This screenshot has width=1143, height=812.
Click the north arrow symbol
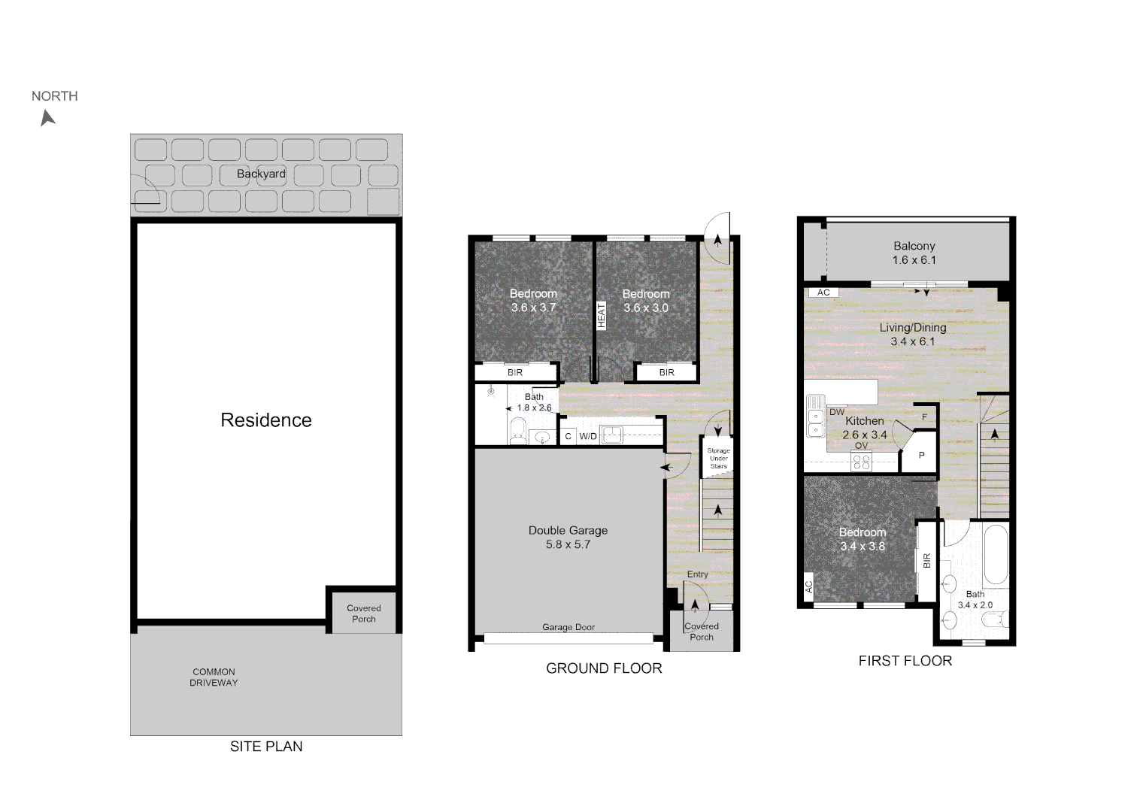coord(48,118)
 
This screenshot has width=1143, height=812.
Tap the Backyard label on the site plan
coord(261,174)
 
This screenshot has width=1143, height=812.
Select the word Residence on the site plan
coord(266,420)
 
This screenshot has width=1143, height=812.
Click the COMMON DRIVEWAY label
coord(214,677)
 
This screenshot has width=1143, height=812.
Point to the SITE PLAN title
coord(266,747)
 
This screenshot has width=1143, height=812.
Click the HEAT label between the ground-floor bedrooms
coord(601,315)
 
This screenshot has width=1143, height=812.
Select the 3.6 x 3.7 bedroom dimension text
coord(533,308)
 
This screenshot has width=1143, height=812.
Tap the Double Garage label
coord(568,530)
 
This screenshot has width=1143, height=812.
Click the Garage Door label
coord(568,627)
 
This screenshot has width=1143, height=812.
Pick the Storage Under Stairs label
coord(718,459)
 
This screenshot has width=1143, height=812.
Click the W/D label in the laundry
coord(588,436)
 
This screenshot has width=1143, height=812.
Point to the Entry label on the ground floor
coord(697,574)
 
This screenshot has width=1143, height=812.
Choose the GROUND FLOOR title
coord(604,668)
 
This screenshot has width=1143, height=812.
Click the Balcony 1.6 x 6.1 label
coord(914,253)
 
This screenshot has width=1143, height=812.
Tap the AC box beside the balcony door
coord(823,292)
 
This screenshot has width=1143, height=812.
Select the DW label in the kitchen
coord(837,412)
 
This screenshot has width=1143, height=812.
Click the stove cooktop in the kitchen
coord(861,462)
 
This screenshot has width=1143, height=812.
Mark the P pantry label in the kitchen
coord(921,455)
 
